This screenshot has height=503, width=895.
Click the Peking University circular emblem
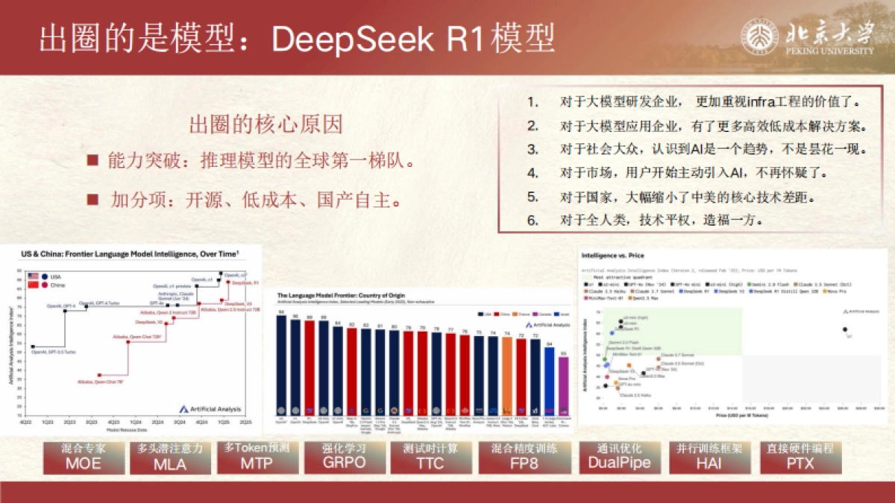760,36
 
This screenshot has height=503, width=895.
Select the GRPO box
345,456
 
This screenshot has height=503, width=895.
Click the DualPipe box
619,456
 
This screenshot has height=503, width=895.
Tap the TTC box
431,456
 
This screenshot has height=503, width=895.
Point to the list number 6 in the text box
532,221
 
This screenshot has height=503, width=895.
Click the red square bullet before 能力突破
92,161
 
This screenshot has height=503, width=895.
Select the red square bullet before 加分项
92,200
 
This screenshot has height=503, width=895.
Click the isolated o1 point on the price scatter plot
844,329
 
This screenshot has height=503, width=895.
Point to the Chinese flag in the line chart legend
34,285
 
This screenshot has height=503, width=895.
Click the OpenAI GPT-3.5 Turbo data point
33,347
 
